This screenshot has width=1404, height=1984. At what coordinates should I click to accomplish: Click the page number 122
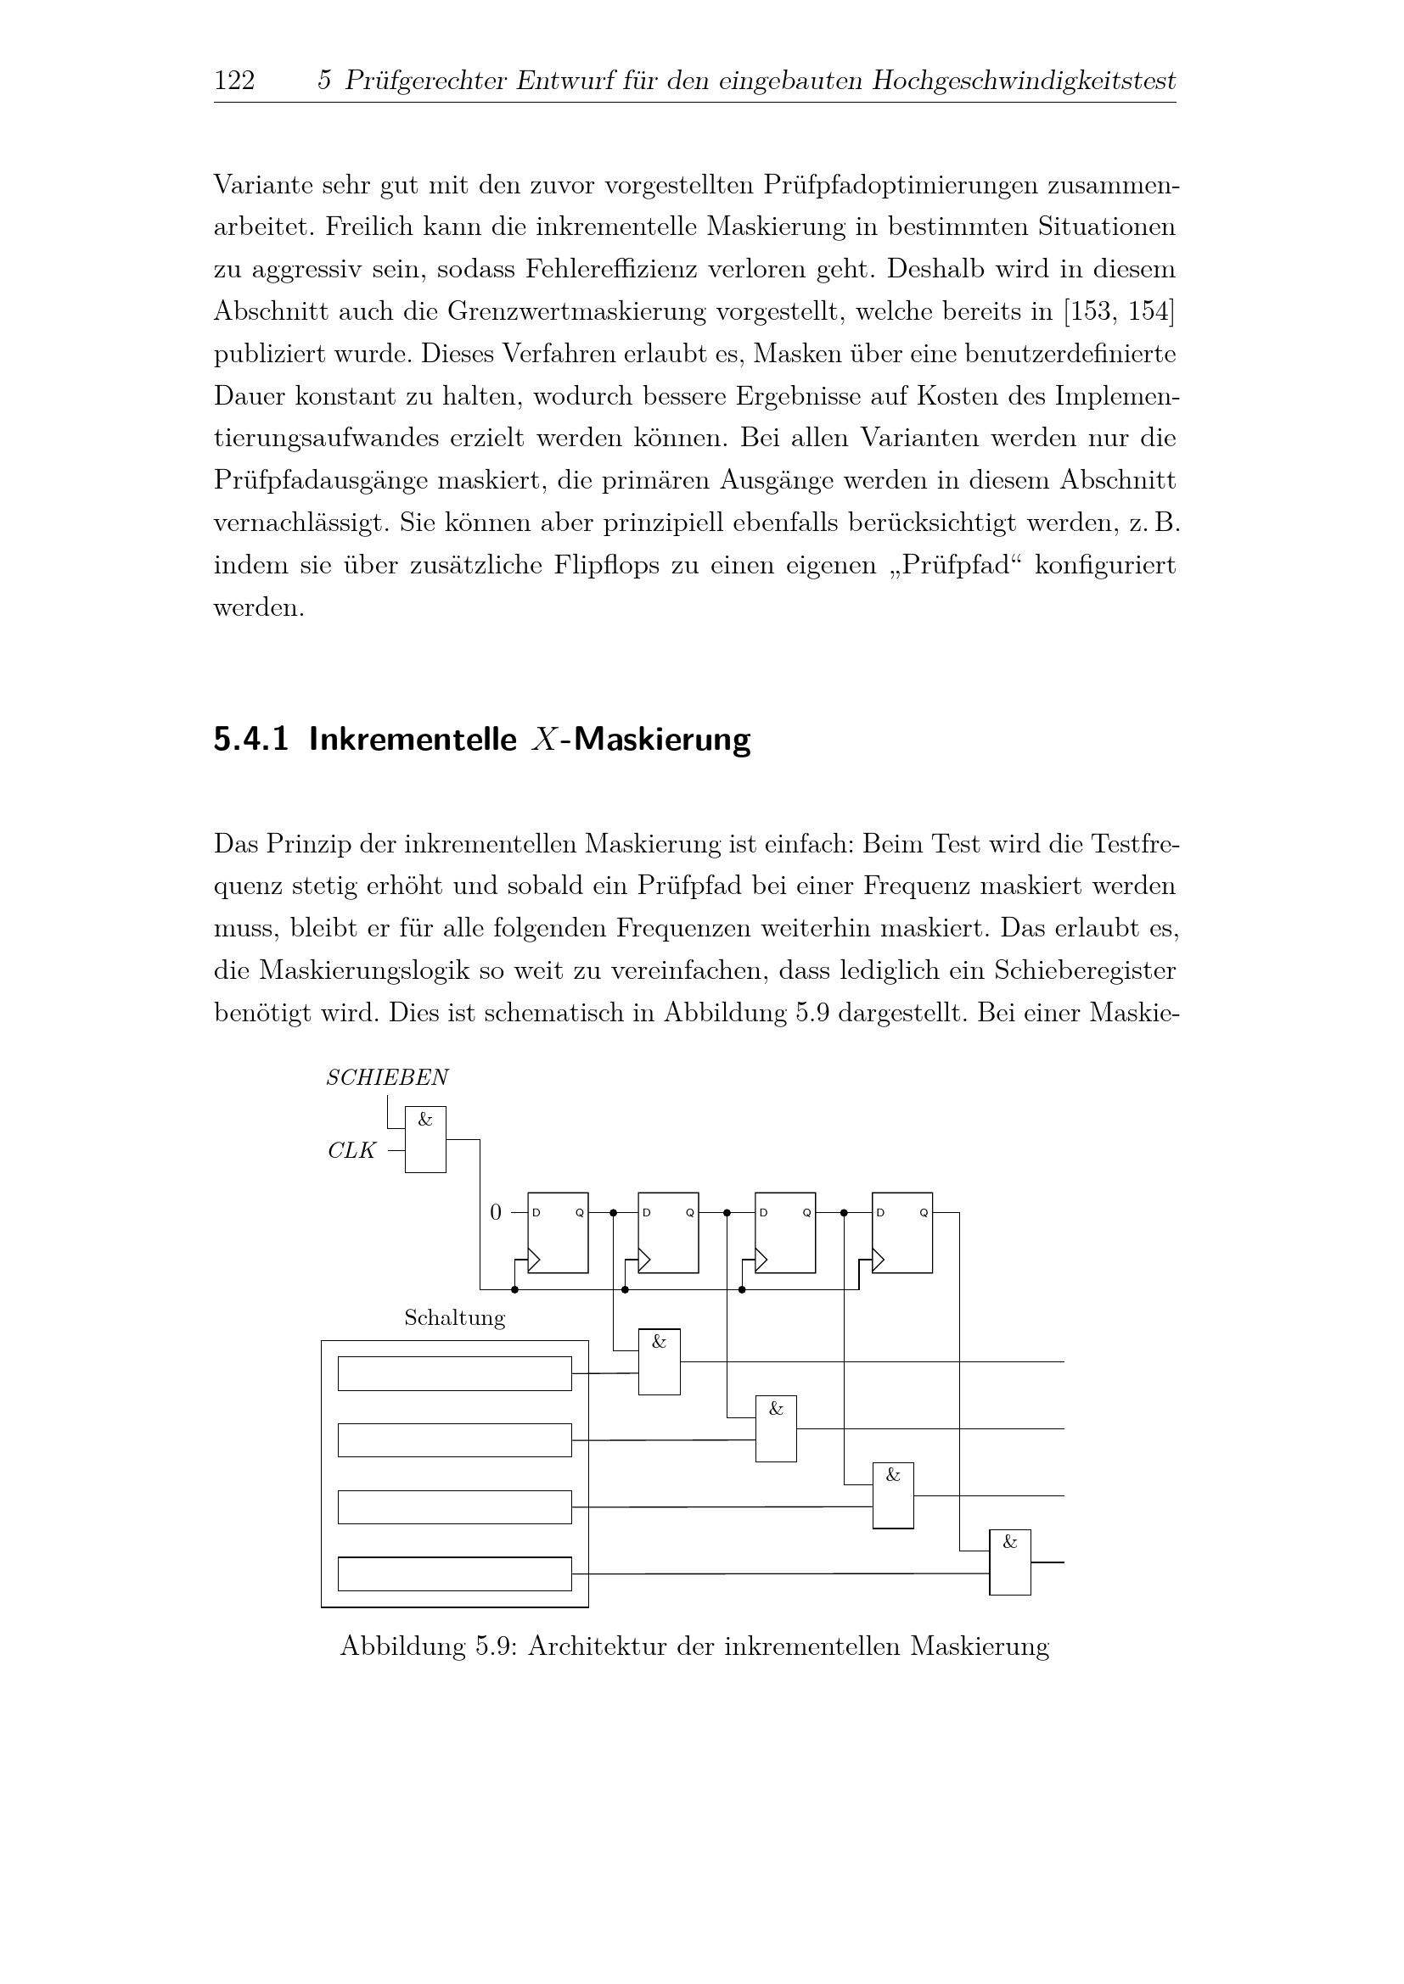[234, 81]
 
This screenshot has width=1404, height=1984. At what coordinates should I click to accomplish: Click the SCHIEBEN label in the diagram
[386, 1077]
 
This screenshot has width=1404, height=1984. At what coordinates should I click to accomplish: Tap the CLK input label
[352, 1151]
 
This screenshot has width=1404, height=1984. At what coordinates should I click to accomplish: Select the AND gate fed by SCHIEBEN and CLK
[425, 1139]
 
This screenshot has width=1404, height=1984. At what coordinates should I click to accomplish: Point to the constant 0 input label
[496, 1212]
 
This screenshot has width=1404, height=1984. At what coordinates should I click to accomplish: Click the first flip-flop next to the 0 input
[558, 1232]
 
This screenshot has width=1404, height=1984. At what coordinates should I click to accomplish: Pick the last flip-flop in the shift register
[901, 1232]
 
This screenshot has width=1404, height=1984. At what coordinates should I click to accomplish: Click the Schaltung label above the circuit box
[454, 1318]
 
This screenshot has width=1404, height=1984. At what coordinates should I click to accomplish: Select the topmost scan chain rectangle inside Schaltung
[454, 1374]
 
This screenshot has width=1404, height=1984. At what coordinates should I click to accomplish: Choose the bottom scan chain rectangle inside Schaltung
[454, 1573]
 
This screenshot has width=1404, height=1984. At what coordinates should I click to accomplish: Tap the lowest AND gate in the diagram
[1010, 1562]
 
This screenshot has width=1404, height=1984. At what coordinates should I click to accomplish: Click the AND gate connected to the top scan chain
[659, 1362]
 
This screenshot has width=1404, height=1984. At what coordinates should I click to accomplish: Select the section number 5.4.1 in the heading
[250, 740]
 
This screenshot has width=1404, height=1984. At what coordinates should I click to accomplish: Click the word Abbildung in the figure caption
[402, 1646]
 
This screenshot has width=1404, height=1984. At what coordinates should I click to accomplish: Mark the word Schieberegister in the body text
[1084, 970]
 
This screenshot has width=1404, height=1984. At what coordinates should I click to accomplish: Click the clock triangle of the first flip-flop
[534, 1260]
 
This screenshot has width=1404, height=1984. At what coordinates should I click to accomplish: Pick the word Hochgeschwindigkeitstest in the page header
[1024, 81]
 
